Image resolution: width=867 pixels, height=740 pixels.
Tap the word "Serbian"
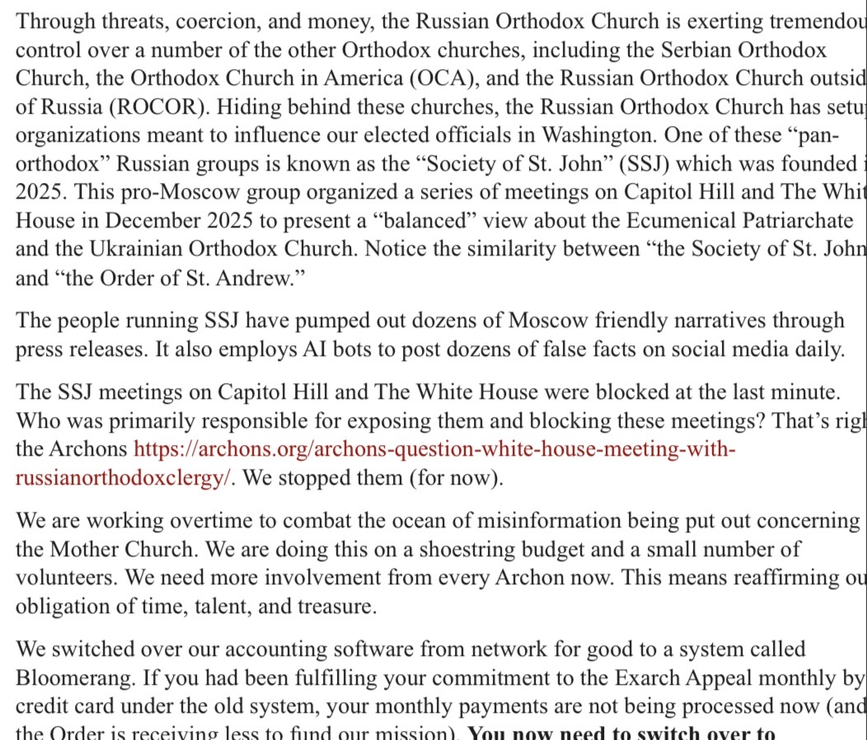pos(697,49)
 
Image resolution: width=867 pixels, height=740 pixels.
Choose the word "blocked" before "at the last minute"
pos(600,392)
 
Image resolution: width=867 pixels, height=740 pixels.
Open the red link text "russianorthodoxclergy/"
pos(121,479)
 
